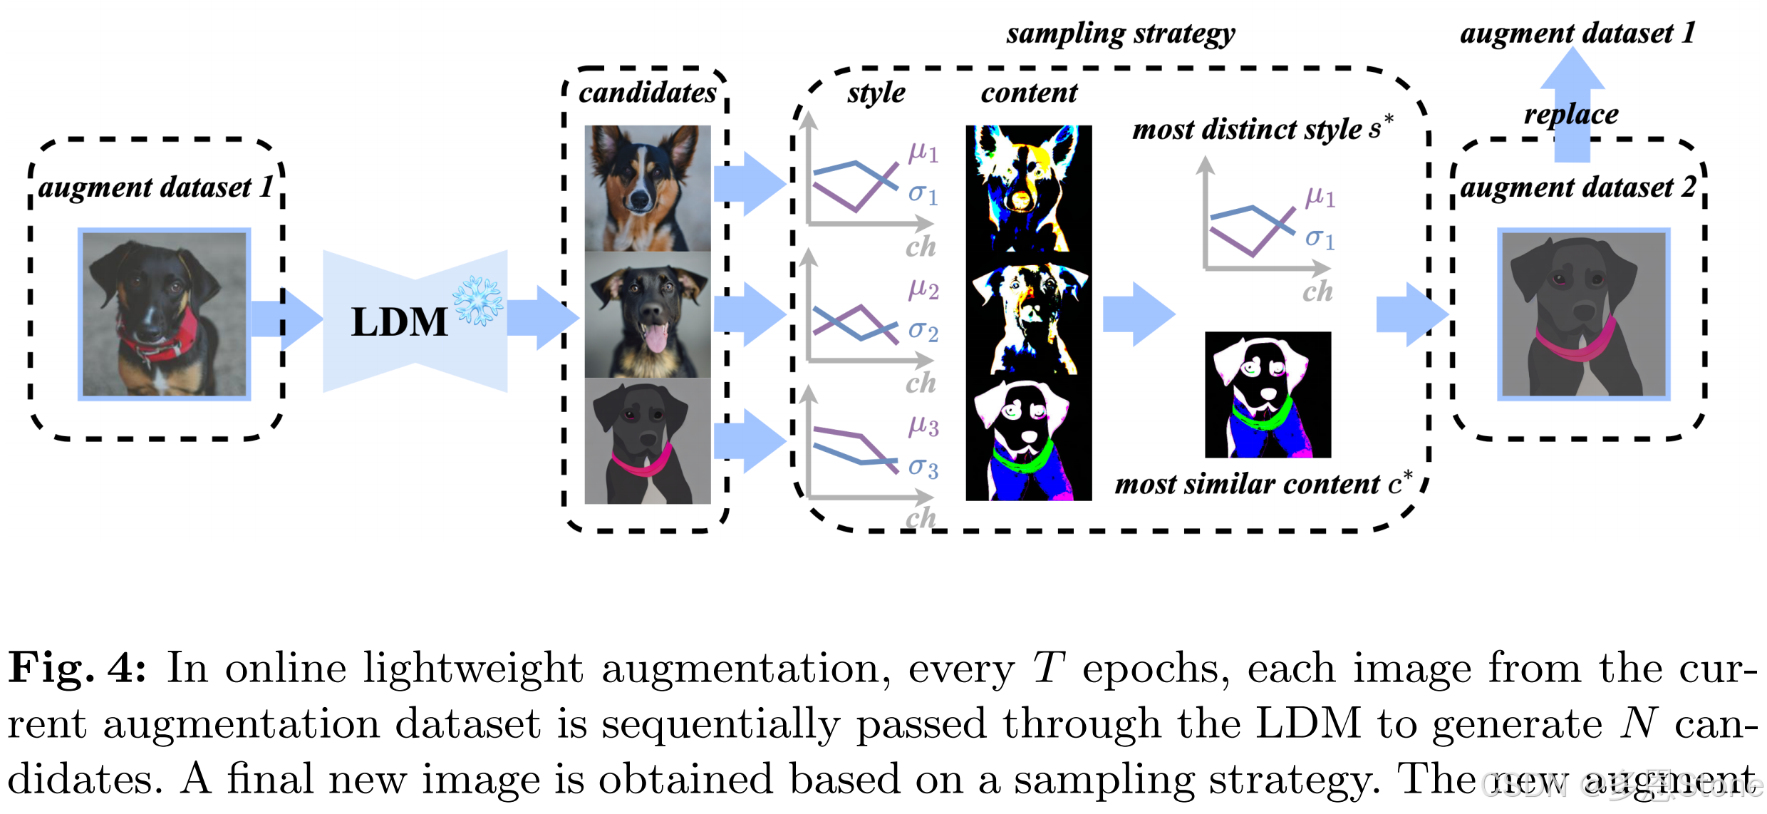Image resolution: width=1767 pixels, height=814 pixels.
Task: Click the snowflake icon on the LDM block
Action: (478, 301)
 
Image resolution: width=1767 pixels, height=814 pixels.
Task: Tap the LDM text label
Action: (399, 322)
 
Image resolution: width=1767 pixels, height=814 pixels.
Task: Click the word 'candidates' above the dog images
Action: (647, 93)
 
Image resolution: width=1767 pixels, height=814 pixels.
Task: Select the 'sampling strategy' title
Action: (1120, 34)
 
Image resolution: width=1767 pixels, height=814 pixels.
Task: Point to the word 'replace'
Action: (1571, 114)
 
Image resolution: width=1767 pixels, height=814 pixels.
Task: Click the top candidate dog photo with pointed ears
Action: (647, 188)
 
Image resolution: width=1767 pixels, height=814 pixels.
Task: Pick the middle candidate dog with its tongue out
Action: (647, 315)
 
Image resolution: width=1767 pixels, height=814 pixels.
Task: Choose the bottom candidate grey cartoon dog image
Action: (647, 441)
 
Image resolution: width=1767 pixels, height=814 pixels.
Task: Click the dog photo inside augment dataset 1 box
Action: (164, 314)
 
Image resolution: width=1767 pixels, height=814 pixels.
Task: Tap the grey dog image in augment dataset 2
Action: (1583, 314)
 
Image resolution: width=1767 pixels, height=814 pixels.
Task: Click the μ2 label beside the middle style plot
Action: (923, 288)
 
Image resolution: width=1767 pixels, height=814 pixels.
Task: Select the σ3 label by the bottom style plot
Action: (923, 468)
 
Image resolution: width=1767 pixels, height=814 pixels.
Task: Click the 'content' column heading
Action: (1029, 93)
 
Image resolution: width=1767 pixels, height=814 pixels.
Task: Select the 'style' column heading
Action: (876, 93)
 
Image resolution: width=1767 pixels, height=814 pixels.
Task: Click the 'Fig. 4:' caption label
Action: (77, 669)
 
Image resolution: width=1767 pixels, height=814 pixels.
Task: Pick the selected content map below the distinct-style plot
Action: (1268, 394)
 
